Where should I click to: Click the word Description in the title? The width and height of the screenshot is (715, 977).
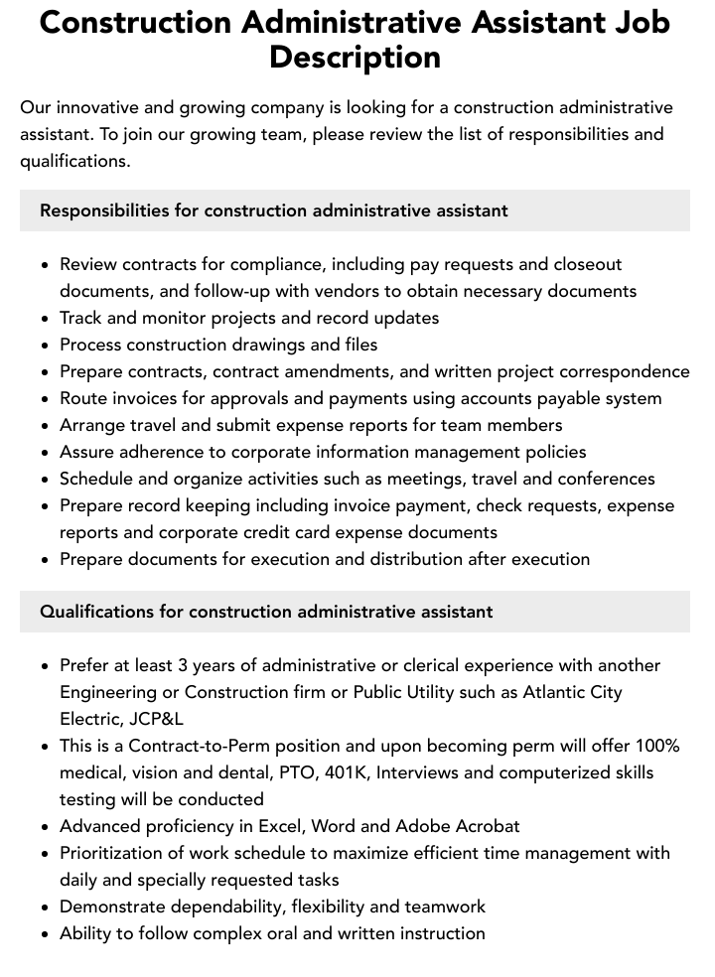pos(355,57)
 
